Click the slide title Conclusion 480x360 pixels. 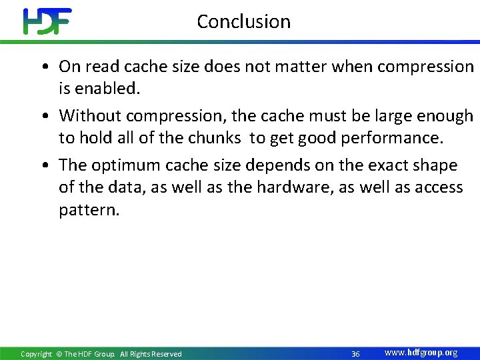point(244,21)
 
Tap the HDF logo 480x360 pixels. point(47,21)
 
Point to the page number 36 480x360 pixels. point(355,353)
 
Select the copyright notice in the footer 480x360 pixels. point(101,354)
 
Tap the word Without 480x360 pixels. point(90,116)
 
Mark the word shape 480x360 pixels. point(435,165)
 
